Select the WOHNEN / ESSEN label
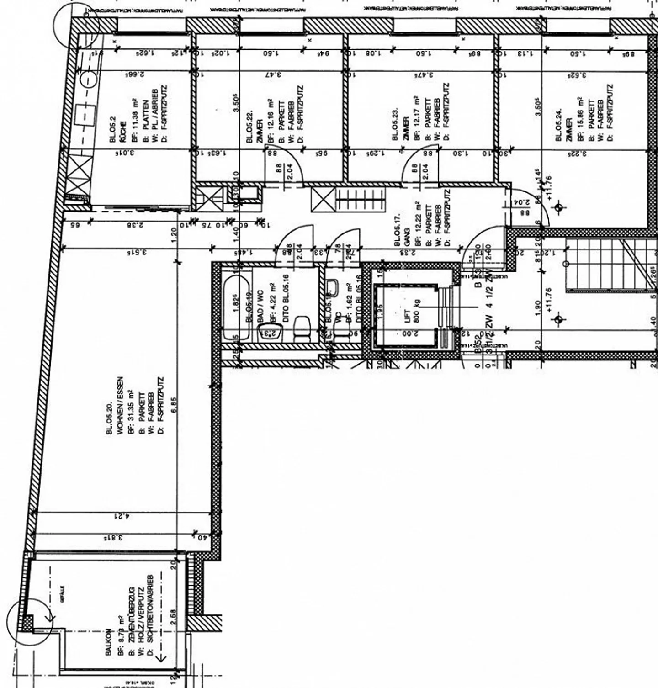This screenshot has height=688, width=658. (120, 405)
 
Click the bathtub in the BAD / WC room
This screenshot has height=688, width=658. (237, 307)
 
